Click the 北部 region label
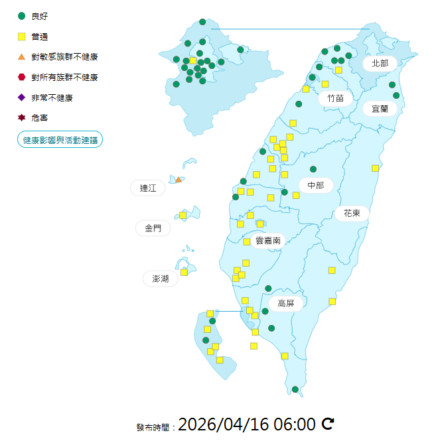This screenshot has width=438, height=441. [380, 64]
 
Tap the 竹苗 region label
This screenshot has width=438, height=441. [335, 98]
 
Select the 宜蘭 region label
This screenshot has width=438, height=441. [380, 108]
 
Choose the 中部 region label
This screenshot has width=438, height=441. [315, 186]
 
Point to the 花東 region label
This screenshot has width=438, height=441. [352, 214]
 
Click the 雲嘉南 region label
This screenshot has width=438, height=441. [267, 241]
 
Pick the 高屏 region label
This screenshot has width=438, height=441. [286, 304]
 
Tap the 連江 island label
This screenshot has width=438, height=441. [147, 188]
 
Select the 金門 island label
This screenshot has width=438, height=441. [152, 228]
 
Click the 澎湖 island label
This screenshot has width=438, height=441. [160, 279]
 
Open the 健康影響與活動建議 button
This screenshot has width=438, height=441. [60, 140]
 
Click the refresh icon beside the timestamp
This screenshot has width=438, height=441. [328, 424]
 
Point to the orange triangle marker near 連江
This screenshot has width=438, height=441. [178, 179]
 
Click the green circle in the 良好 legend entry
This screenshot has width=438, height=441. [21, 16]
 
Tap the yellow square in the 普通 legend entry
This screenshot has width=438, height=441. [21, 36]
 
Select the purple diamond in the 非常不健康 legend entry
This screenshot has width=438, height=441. [21, 97]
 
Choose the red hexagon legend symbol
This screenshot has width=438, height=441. [21, 77]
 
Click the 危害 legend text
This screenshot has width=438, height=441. [39, 117]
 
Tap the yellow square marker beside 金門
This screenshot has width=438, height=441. [183, 215]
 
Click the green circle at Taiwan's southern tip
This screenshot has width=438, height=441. [295, 389]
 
